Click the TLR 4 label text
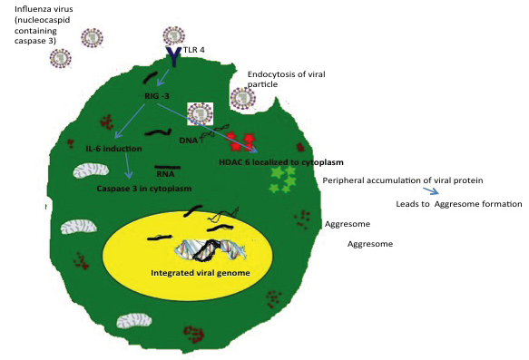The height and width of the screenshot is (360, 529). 194,50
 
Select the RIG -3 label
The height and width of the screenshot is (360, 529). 157,96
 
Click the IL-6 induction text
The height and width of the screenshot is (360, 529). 113,149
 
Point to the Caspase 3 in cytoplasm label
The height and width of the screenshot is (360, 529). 144,189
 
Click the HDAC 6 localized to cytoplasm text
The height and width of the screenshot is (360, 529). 281,162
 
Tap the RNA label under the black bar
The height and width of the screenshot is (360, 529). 165,174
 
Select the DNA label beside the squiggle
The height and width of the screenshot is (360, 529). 188,141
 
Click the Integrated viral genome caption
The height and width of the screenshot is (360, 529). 201,273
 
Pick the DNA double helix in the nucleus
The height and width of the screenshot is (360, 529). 211,250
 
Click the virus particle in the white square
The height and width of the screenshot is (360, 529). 201,114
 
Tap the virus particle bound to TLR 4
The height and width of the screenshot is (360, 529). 173,35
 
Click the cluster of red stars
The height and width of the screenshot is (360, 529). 240,141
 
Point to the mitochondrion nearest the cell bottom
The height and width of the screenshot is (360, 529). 134,321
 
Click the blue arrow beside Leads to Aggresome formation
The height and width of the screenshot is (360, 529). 431,190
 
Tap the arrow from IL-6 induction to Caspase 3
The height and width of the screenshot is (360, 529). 127,166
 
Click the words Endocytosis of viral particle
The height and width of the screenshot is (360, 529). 286,79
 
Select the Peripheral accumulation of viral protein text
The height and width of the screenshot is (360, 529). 403,180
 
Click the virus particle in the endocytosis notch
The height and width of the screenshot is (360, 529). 242,99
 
